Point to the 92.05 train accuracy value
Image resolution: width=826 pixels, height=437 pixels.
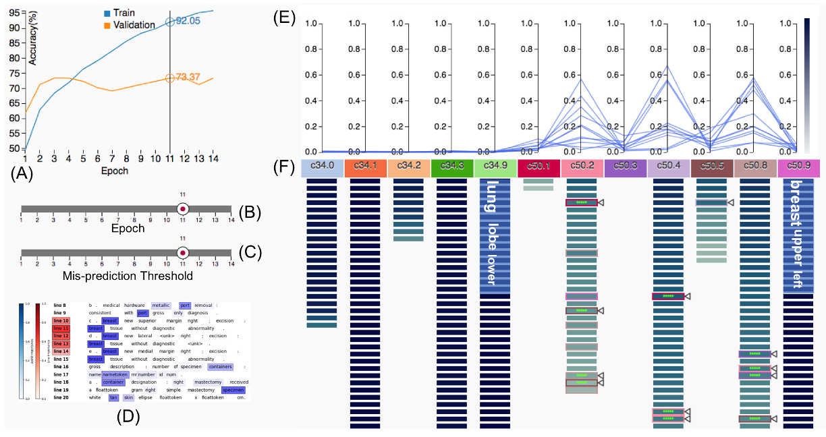[x=189, y=22]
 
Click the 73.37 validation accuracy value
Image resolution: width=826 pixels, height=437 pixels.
[x=190, y=78]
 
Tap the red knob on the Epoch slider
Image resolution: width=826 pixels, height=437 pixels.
[x=182, y=210]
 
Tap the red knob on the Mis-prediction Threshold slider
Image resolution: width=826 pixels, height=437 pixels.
[x=182, y=253]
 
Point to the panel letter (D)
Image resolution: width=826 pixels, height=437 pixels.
[x=128, y=416]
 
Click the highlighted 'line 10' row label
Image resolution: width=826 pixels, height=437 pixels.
[x=61, y=320]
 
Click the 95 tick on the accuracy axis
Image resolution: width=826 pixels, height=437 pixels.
[x=13, y=12]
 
